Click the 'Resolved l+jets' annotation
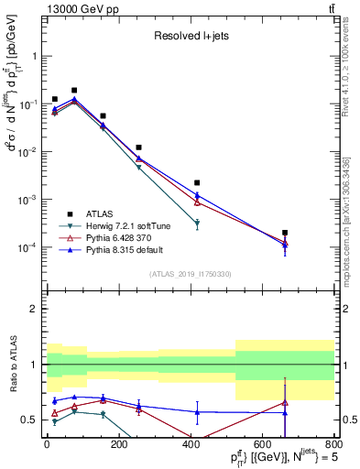click(190, 37)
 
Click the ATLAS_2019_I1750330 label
click(190, 273)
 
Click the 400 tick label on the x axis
click(190, 445)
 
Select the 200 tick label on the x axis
click(118, 445)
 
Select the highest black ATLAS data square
click(74, 91)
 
